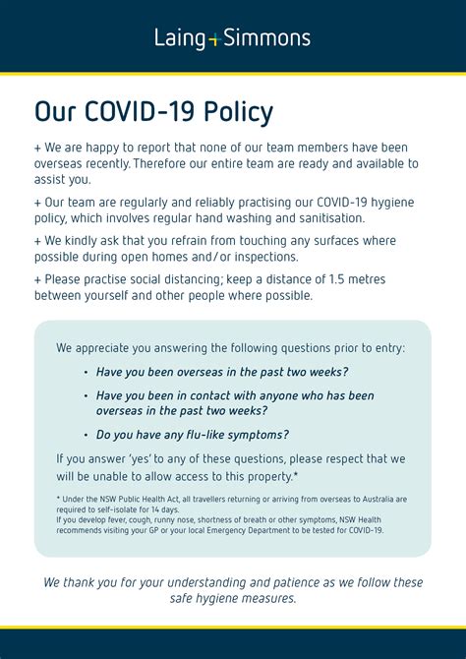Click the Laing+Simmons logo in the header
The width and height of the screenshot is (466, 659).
pos(232,38)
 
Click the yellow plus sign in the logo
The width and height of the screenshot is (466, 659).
pos(213,40)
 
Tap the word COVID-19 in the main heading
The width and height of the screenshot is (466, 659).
pos(140,112)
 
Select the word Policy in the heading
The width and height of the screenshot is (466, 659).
pos(238,112)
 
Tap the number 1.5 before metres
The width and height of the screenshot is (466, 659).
pos(337,279)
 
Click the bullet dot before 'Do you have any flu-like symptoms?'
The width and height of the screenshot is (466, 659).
pos(86,435)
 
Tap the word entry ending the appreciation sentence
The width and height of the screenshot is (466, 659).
pos(385,347)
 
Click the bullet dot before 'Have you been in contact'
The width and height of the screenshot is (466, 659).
pos(86,395)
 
